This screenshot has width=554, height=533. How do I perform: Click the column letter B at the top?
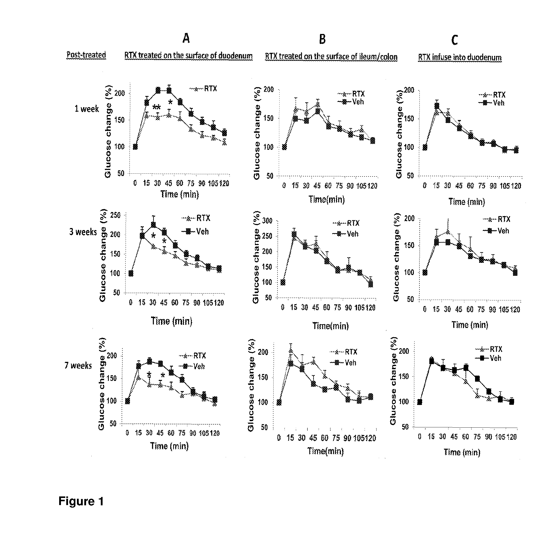322,39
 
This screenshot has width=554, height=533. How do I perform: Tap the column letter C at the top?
454,40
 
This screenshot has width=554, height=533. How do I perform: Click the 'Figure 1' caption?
81,501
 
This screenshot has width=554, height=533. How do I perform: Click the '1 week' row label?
87,109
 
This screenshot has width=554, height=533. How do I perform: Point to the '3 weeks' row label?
83,232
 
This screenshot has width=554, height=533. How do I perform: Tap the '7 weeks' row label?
78,365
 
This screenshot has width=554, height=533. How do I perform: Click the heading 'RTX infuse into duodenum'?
460,57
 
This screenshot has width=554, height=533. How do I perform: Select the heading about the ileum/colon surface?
331,57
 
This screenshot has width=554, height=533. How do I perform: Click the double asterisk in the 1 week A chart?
157,107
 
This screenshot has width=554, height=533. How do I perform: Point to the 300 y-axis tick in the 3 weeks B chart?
267,221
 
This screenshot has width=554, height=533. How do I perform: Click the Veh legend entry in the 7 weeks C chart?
491,358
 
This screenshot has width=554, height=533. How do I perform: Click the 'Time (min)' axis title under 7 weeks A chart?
169,446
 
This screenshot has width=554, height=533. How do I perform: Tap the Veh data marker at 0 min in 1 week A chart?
135,147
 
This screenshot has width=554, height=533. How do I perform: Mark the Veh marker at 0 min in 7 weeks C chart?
420,402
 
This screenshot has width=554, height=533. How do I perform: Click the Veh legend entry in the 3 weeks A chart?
197,232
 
